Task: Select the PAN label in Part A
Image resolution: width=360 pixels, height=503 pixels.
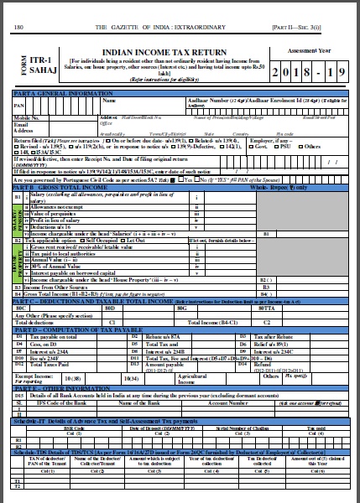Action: (x=19, y=107)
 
